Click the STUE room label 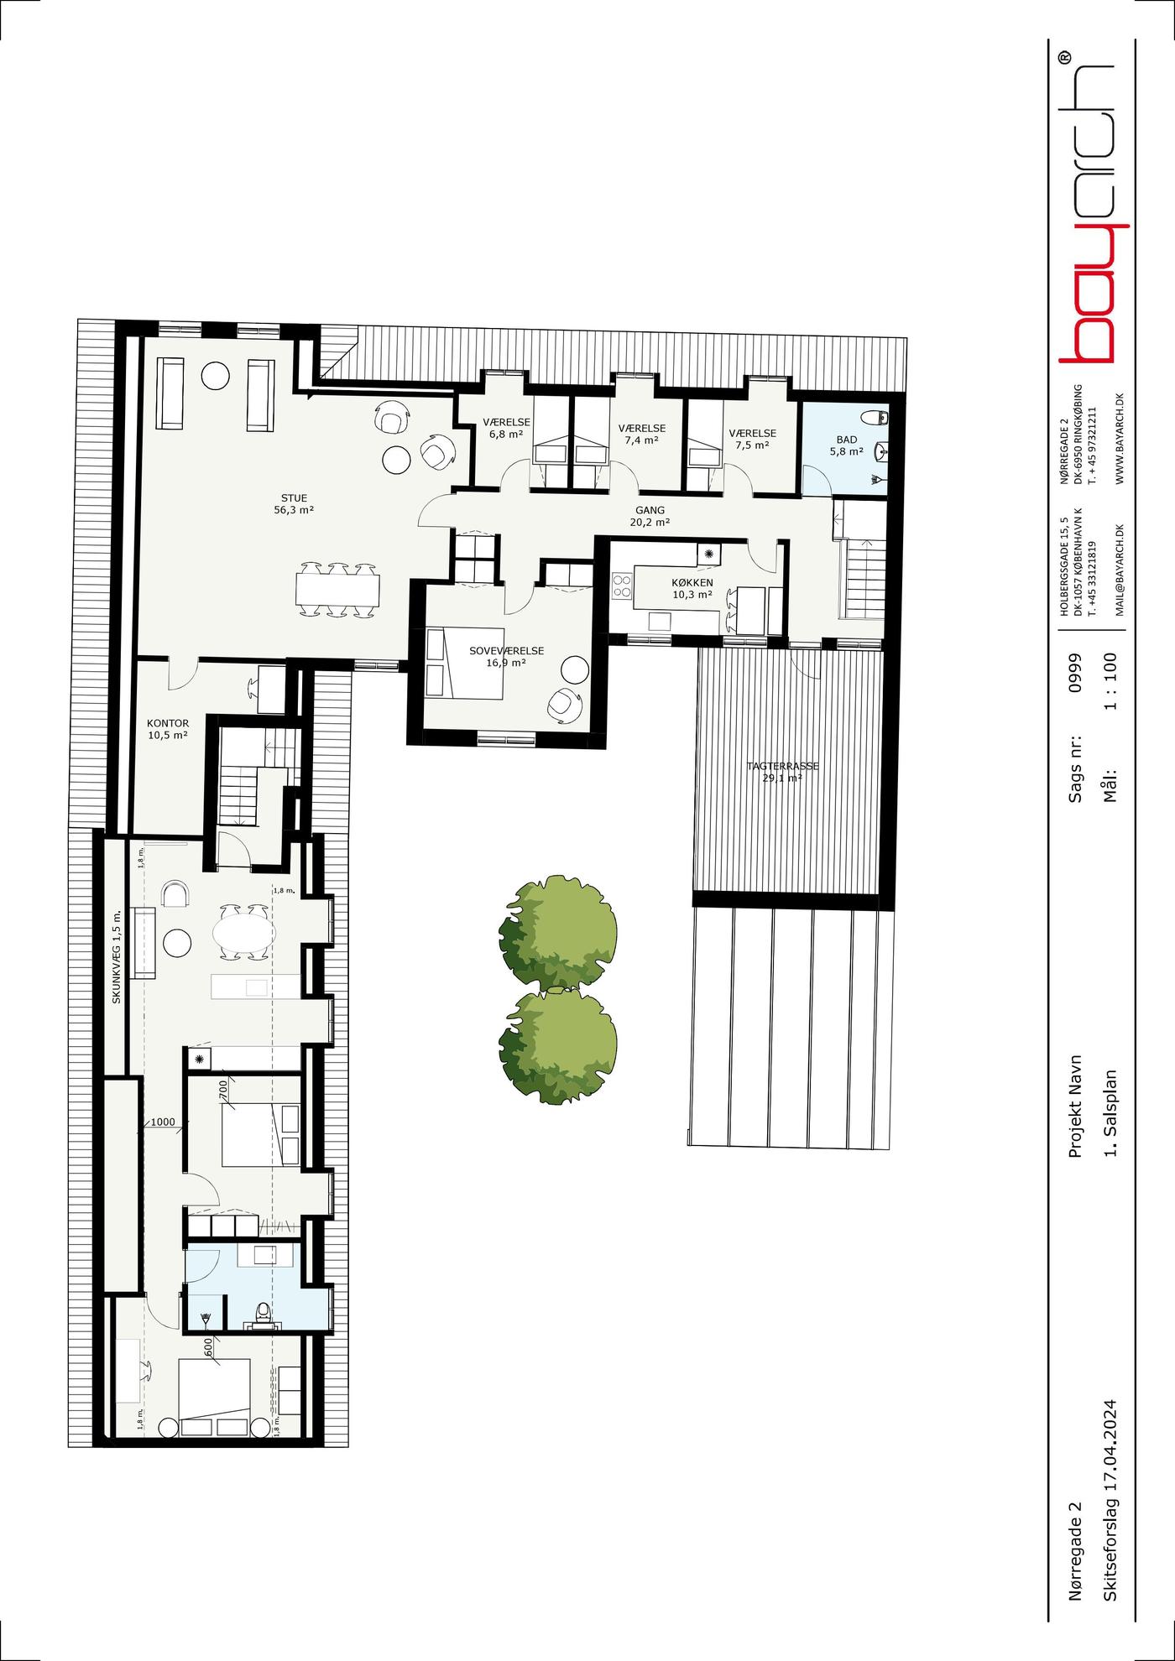tap(294, 498)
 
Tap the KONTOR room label tap(168, 723)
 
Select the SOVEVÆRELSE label tap(506, 650)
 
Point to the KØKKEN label tap(692, 582)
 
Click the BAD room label tap(847, 440)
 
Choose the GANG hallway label tap(650, 510)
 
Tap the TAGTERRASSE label tap(782, 766)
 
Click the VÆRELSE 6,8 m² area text tap(506, 434)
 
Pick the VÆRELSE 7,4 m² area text tap(642, 440)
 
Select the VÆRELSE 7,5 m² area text tap(752, 445)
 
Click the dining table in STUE tap(337, 591)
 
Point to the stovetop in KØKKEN tap(622, 585)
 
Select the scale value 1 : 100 tap(1113, 680)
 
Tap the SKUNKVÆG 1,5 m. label tap(117, 956)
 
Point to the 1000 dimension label tap(163, 1122)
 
